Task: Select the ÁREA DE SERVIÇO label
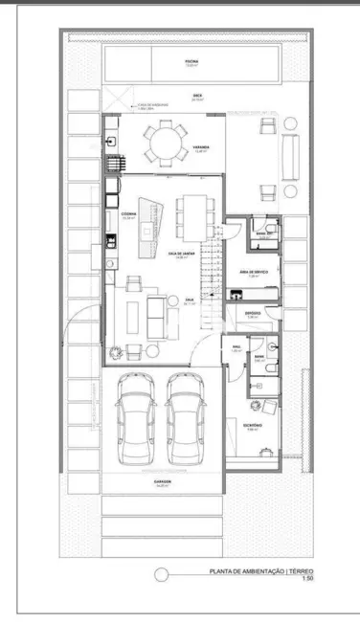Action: point(251,273)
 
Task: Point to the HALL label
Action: point(236,347)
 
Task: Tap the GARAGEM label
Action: point(161,483)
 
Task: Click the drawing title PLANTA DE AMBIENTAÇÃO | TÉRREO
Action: point(261,571)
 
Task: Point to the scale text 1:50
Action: point(307,579)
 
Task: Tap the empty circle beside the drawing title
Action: point(162,574)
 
